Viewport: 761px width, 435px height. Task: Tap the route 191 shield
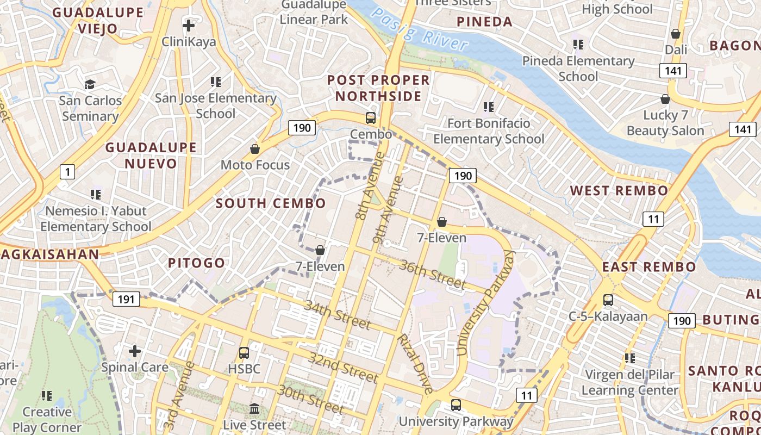point(126,299)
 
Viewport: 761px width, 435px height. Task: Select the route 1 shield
point(67,172)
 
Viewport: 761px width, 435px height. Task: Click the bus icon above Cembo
point(371,117)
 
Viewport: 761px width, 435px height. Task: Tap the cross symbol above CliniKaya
point(189,26)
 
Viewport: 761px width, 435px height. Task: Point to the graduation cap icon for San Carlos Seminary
point(90,84)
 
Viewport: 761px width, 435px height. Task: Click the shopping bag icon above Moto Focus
point(254,148)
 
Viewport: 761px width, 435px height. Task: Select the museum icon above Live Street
point(254,408)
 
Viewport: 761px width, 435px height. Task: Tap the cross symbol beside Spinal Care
point(134,351)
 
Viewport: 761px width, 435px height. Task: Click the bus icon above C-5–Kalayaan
point(608,300)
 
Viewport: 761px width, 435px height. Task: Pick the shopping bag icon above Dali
point(676,34)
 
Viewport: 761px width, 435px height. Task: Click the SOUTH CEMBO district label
point(271,203)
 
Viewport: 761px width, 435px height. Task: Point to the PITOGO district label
point(196,263)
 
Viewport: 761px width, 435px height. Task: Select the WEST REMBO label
point(619,191)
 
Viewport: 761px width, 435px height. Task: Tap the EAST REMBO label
point(648,267)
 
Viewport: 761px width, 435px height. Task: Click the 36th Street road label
point(433,274)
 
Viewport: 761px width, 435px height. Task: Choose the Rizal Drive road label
point(415,363)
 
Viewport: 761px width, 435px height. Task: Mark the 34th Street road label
point(337,314)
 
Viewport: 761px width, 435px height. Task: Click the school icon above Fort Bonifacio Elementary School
point(488,107)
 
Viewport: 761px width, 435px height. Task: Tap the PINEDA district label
point(484,22)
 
